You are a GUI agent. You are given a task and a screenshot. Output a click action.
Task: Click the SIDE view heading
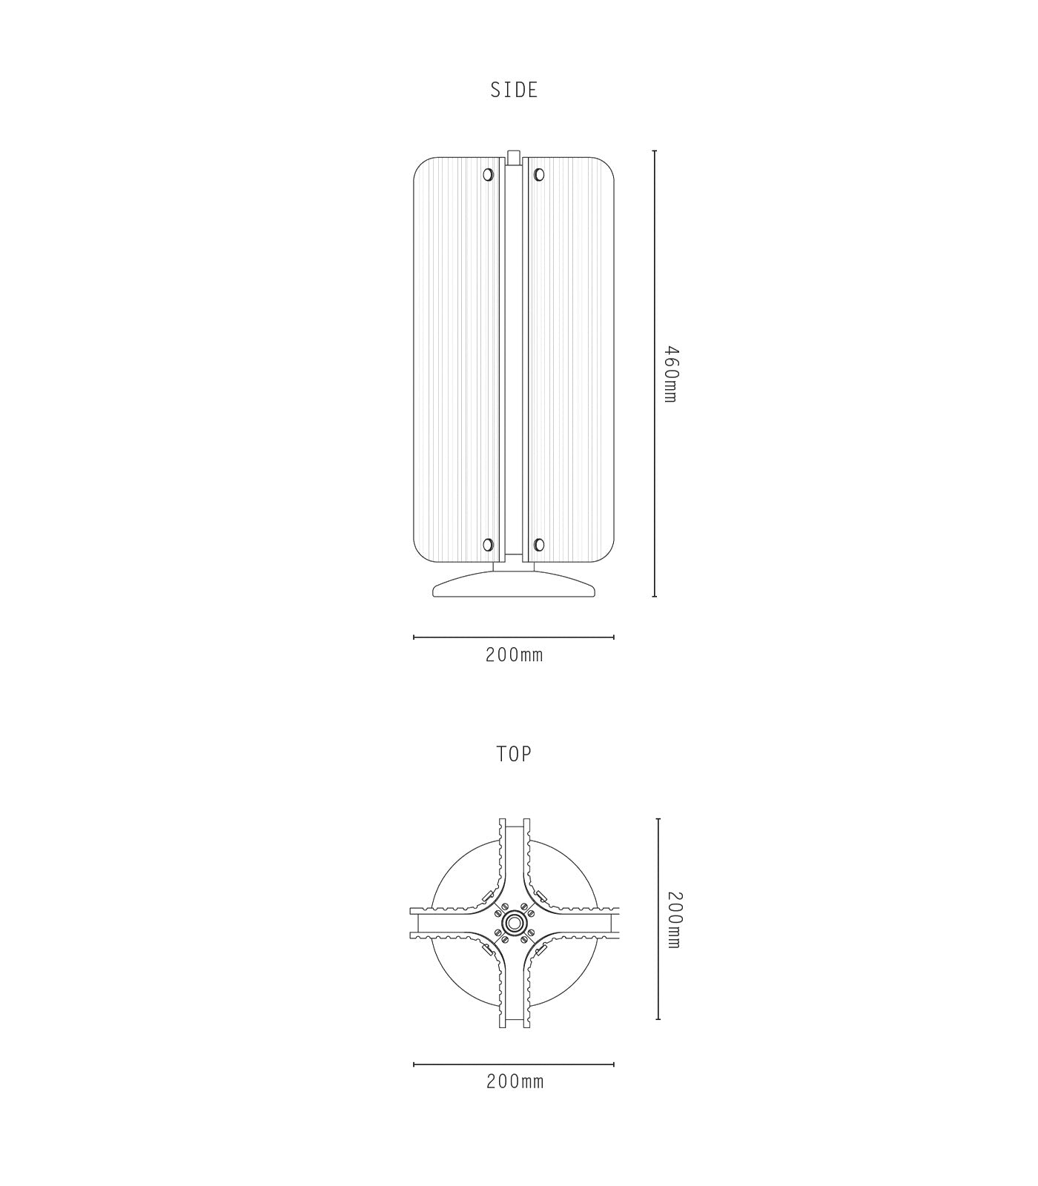click(x=514, y=90)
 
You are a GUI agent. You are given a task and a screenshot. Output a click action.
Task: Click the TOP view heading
click(x=514, y=755)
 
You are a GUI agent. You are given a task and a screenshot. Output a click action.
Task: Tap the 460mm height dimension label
click(x=670, y=374)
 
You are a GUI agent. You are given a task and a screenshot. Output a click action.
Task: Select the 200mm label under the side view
click(x=515, y=655)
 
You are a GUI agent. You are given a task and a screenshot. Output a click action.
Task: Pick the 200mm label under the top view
click(x=515, y=1081)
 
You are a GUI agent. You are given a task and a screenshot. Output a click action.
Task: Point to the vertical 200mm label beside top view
click(x=674, y=919)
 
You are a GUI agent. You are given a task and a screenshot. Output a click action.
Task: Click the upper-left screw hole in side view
click(x=488, y=175)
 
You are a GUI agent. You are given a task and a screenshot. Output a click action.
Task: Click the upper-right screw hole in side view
click(x=539, y=175)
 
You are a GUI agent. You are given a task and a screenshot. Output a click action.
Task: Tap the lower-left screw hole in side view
click(x=488, y=545)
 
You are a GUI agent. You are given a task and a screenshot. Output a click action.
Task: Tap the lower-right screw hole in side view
click(x=539, y=545)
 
